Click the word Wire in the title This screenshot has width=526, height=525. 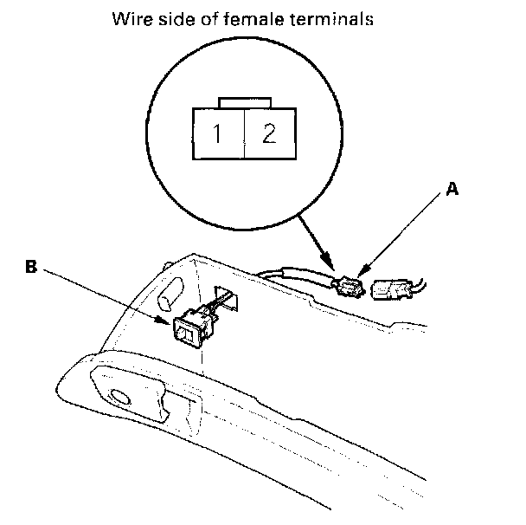point(132,19)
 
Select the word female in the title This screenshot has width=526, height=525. point(253,19)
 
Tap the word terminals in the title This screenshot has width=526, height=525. point(331,19)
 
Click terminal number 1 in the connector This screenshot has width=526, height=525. point(217,133)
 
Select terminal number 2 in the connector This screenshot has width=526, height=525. point(269,133)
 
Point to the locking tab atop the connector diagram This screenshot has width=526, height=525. point(245,103)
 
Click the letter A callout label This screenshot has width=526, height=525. point(452,189)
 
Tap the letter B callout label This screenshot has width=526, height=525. point(31,267)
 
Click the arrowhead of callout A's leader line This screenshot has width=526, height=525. point(362,271)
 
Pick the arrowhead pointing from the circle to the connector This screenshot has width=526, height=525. point(328,262)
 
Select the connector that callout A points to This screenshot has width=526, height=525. point(349,287)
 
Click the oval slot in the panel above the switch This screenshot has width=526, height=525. point(170,294)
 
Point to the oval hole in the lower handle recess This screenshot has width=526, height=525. point(119,397)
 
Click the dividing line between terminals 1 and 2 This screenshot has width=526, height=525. point(245,133)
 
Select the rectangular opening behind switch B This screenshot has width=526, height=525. point(227,298)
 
